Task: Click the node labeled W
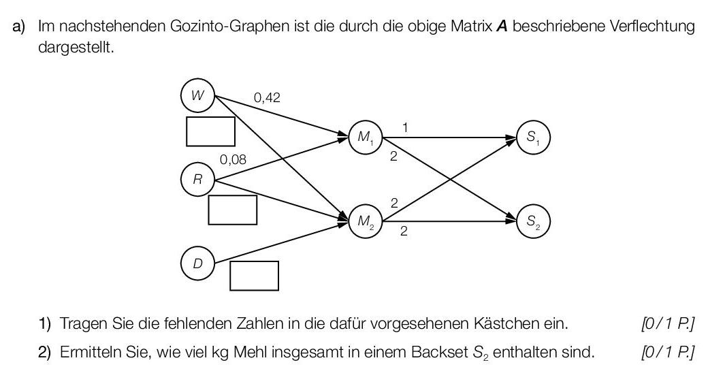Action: pyautogui.click(x=197, y=96)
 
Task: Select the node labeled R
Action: pyautogui.click(x=197, y=180)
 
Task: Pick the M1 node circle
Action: pyautogui.click(x=365, y=138)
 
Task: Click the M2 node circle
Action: pyautogui.click(x=365, y=222)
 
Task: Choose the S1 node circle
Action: pyautogui.click(x=533, y=138)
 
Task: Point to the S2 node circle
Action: pyautogui.click(x=533, y=222)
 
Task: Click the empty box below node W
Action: pyautogui.click(x=210, y=131)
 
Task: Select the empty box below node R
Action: pyautogui.click(x=232, y=210)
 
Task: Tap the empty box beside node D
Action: pyautogui.click(x=254, y=276)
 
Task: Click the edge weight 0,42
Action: pyautogui.click(x=267, y=98)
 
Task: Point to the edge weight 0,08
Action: pyautogui.click(x=233, y=161)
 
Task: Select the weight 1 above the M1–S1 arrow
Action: pyautogui.click(x=405, y=127)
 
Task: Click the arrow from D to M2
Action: pyautogui.click(x=279, y=243)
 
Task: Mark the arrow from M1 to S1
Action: pyautogui.click(x=449, y=138)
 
